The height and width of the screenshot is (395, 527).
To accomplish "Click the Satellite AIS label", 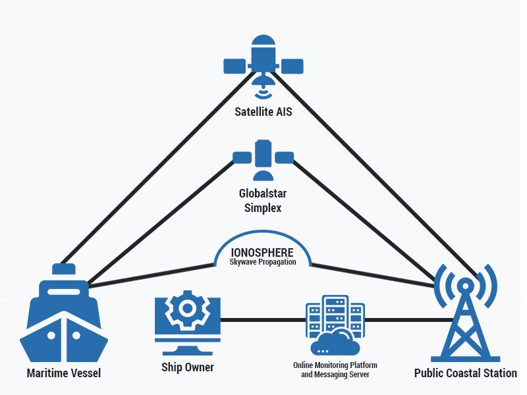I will (x=263, y=112).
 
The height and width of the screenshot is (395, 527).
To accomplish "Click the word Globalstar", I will (x=263, y=194).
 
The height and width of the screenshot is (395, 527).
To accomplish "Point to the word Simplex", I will (x=263, y=208).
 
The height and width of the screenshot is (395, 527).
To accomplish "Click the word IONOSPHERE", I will (x=262, y=252).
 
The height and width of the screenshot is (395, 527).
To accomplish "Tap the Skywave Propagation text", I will (x=262, y=263).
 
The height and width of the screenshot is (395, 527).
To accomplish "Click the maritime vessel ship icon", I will (x=63, y=316).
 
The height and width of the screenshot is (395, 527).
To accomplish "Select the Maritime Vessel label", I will (x=64, y=373).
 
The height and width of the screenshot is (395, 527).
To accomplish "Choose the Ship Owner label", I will (x=188, y=367).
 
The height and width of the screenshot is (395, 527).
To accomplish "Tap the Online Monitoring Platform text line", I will (x=335, y=365).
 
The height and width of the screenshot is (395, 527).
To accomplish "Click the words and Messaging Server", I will (x=335, y=375).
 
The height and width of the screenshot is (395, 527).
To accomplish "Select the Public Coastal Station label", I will (x=466, y=373).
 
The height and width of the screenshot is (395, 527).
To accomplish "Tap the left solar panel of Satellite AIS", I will (x=234, y=66).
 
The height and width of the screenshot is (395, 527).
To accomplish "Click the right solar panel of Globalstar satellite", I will (x=285, y=157).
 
